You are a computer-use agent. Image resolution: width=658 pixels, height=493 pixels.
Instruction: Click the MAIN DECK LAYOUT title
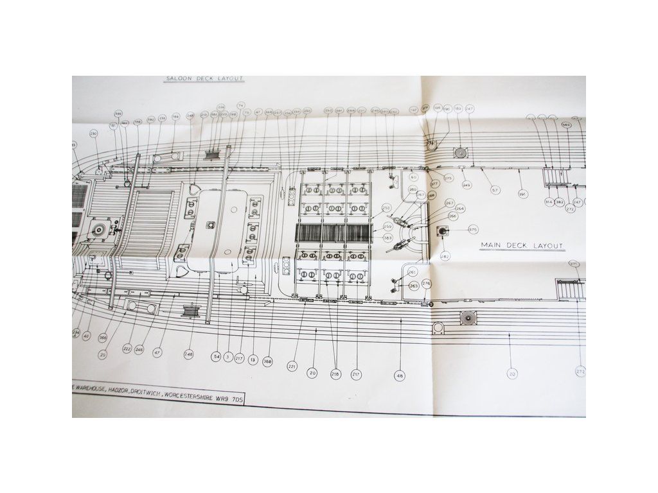tap(522, 246)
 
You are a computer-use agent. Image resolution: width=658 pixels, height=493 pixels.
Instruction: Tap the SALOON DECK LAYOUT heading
tap(204, 79)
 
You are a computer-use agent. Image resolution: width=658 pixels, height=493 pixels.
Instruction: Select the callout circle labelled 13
tap(253, 360)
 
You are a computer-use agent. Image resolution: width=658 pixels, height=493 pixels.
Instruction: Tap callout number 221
tap(292, 366)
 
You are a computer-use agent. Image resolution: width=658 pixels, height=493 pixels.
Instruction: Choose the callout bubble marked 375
tap(474, 229)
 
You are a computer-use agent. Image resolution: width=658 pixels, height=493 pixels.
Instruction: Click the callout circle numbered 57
tap(495, 189)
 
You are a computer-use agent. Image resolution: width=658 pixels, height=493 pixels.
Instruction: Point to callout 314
tap(549, 202)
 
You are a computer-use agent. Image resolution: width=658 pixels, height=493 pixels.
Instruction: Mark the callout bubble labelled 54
tap(217, 356)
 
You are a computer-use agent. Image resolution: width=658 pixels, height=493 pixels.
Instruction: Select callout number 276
tap(426, 284)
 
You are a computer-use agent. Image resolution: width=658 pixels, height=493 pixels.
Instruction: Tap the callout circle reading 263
tap(413, 286)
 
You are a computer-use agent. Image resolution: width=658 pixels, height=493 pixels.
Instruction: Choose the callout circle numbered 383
tap(388, 238)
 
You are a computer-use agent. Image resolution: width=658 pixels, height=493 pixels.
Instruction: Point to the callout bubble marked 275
tap(448, 178)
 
